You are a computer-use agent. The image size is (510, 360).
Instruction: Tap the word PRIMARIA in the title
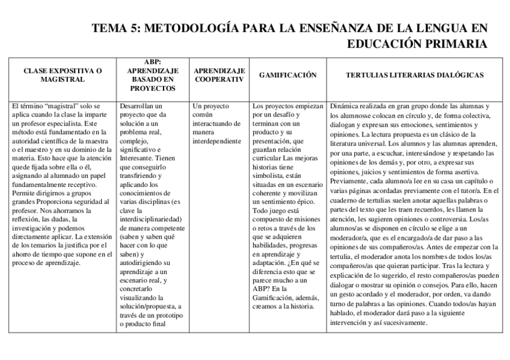point(456,44)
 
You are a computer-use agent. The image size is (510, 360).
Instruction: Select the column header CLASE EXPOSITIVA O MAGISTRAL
point(63,75)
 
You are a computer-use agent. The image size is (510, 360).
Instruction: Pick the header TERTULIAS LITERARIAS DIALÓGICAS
point(416,75)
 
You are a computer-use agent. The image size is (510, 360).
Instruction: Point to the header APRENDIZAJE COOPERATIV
point(218,75)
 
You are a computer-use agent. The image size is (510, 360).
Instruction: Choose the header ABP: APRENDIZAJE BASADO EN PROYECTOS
point(153,75)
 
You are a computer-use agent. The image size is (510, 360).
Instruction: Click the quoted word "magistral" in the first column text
point(59,106)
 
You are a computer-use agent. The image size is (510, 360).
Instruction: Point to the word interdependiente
point(217,141)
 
